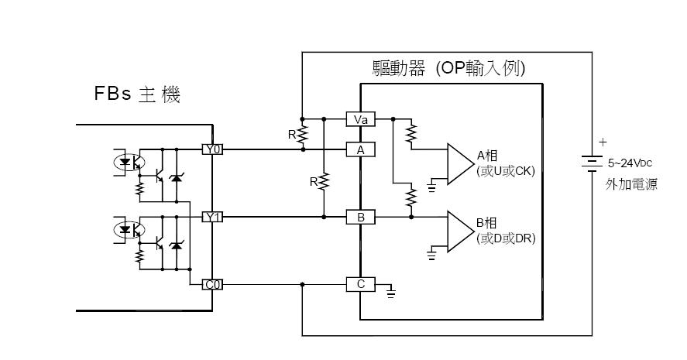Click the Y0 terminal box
click(x=212, y=149)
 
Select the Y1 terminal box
click(x=212, y=218)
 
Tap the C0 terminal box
click(x=212, y=285)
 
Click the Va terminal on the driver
click(x=360, y=119)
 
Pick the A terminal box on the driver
click(x=360, y=149)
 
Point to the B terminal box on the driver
click(x=360, y=218)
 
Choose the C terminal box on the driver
click(x=360, y=285)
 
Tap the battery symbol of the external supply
click(x=593, y=163)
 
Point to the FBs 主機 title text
click(x=137, y=96)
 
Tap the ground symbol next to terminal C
click(x=391, y=291)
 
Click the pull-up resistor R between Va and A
click(x=304, y=135)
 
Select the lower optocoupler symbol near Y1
click(x=126, y=230)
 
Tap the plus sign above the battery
click(x=603, y=142)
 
